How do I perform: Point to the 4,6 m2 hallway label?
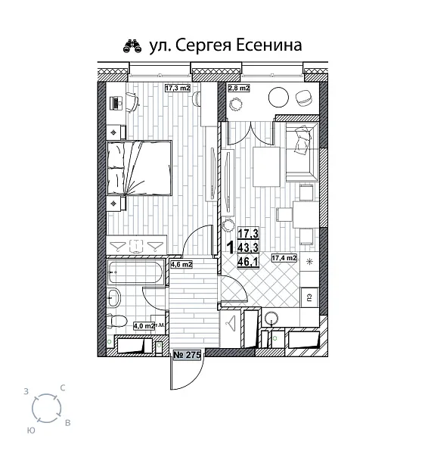pyautogui.click(x=181, y=265)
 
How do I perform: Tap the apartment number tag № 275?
pyautogui.click(x=186, y=354)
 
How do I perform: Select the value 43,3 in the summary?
pyautogui.click(x=248, y=247)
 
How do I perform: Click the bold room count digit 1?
pyautogui.click(x=230, y=247)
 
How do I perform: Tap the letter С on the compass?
pyautogui.click(x=62, y=388)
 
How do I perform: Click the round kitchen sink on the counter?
pyautogui.click(x=272, y=318)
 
